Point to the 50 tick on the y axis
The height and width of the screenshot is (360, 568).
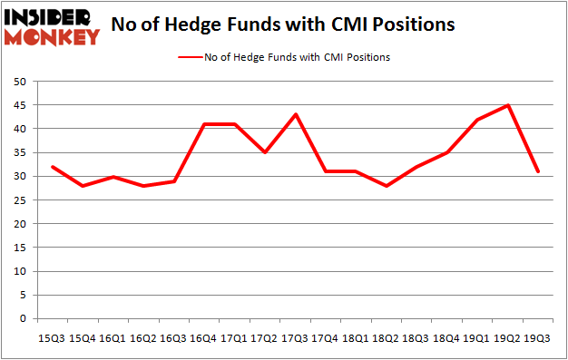[19, 82]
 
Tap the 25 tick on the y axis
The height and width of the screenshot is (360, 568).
[19, 200]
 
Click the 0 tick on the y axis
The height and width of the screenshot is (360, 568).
[22, 319]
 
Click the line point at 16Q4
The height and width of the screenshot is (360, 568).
[202, 124]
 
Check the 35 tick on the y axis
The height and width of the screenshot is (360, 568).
[19, 152]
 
